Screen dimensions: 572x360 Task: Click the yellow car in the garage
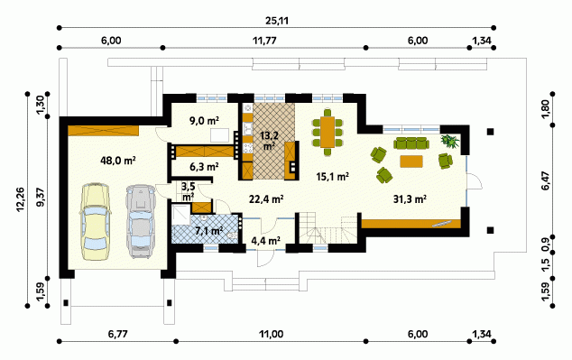point(95,222)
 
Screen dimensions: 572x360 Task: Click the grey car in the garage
point(141,221)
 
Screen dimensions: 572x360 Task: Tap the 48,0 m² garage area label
point(118,160)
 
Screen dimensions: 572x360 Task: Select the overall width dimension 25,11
point(276,21)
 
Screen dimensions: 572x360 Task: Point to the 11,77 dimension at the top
point(264,41)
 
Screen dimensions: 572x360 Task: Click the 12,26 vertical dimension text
point(21,199)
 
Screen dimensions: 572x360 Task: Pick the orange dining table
point(328,132)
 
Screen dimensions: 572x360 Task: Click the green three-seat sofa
point(411,143)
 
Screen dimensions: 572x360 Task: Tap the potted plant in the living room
point(450,141)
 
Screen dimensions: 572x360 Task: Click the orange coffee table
point(411,162)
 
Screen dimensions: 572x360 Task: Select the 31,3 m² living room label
point(410,199)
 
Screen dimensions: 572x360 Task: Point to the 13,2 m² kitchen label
point(270,141)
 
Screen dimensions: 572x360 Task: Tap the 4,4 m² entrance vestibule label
point(266,240)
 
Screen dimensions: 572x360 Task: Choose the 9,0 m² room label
point(204,120)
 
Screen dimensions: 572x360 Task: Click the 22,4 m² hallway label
point(267,199)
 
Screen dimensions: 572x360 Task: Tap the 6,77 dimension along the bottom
point(118,334)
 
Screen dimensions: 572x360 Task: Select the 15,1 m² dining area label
point(332,177)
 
